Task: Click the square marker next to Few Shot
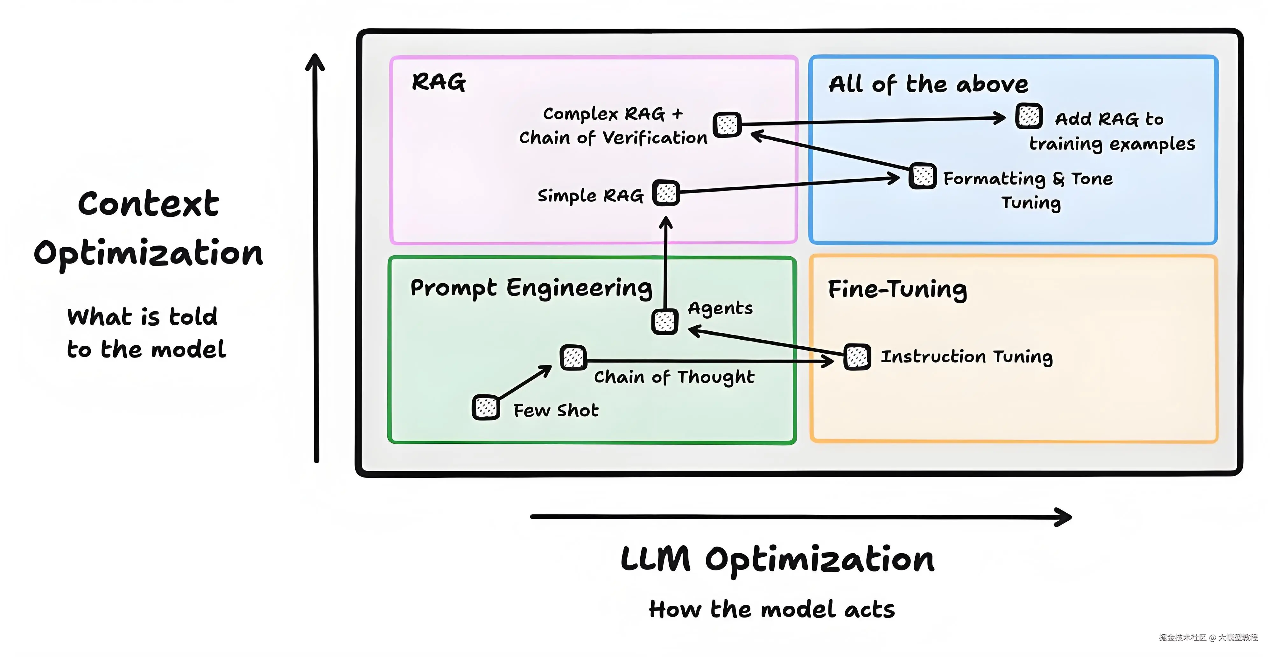point(486,407)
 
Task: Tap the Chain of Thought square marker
point(573,357)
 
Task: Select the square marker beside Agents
point(665,322)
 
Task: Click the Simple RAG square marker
point(666,193)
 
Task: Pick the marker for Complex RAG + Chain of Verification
point(727,124)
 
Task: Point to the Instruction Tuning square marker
point(857,357)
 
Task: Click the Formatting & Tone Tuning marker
point(923,175)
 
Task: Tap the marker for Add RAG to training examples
point(1029,116)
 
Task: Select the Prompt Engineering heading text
point(531,288)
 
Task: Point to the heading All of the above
point(928,84)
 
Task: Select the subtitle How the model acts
point(772,609)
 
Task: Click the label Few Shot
point(556,410)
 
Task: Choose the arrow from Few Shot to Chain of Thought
point(525,382)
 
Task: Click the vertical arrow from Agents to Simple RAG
point(666,262)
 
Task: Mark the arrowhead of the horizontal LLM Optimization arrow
point(1065,517)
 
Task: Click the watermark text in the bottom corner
point(1208,637)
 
